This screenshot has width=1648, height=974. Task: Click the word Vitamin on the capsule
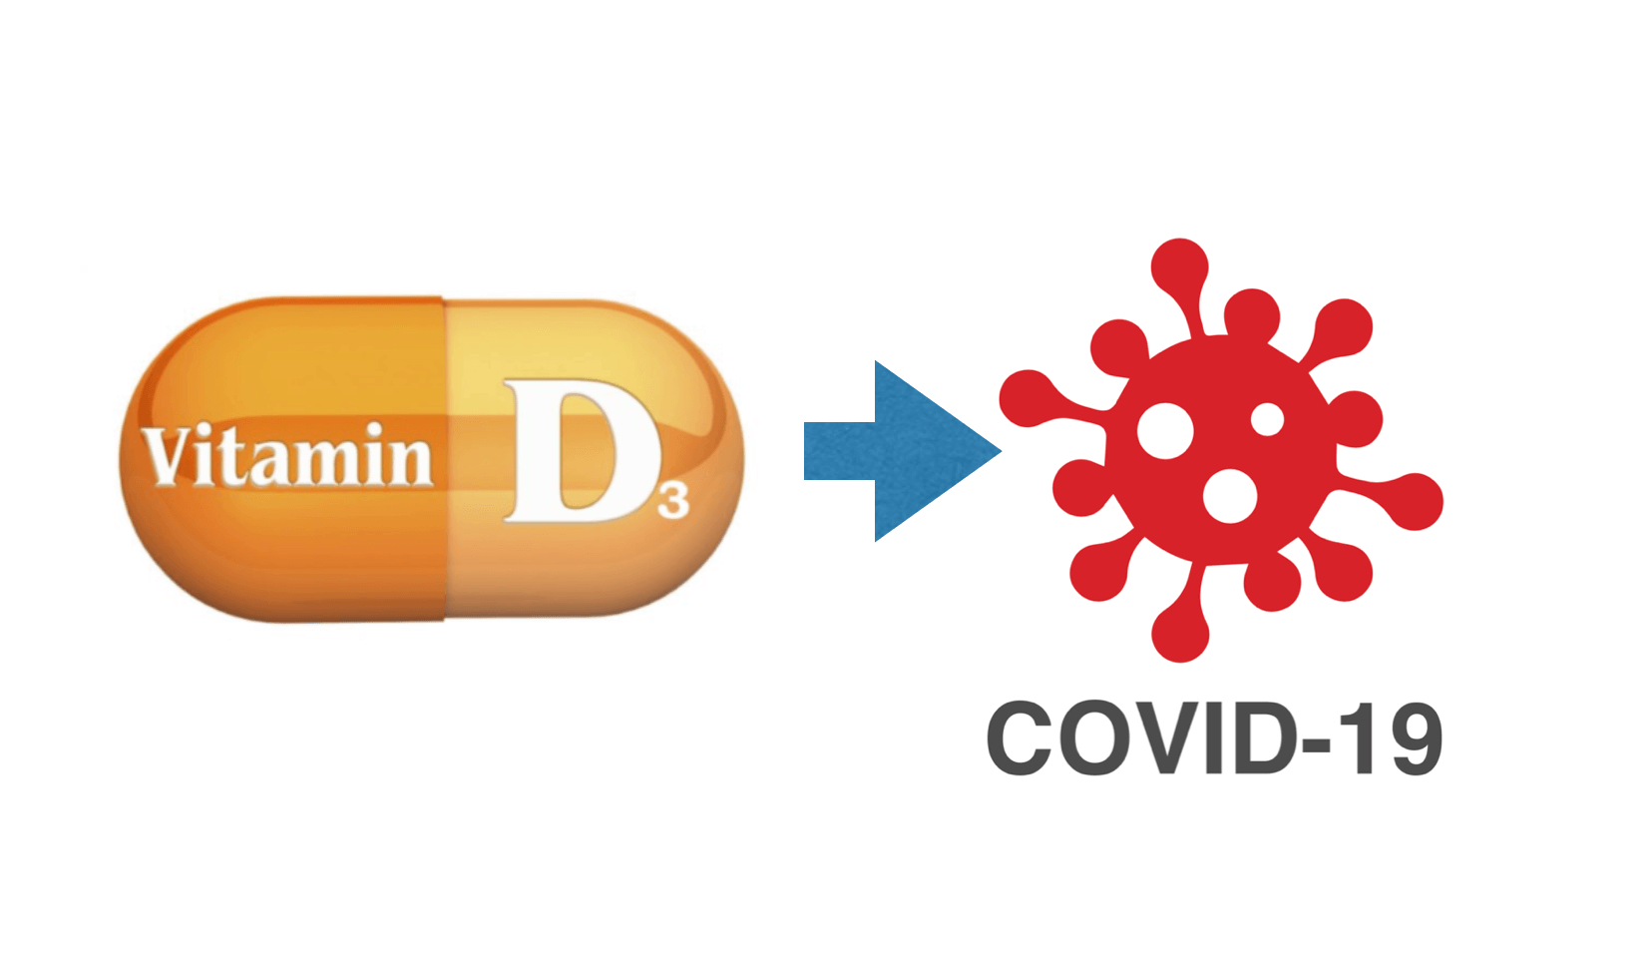coord(287,455)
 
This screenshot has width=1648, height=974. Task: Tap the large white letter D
coord(582,450)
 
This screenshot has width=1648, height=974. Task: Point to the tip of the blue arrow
coord(1001,450)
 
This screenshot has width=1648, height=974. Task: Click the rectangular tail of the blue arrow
coord(839,451)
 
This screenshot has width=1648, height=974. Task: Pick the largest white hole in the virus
coord(1164,431)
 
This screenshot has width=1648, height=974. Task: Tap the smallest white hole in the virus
coord(1267,419)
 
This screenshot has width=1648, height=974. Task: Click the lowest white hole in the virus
coord(1229,496)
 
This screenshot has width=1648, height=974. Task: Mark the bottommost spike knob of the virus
coord(1180,634)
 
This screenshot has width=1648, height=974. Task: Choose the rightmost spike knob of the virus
coord(1415,501)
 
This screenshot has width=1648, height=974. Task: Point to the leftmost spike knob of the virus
coord(1028,398)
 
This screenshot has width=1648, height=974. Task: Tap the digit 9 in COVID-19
coord(1411,738)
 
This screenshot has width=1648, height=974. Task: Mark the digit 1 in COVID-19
coord(1355,738)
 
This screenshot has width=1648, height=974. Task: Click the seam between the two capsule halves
coord(444,459)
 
